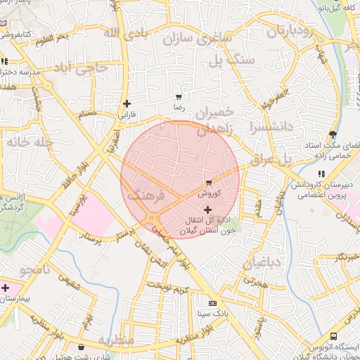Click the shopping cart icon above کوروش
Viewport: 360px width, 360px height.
click(x=209, y=183)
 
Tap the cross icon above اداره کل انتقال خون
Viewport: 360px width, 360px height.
click(x=207, y=210)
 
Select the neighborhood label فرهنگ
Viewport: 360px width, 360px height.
click(x=146, y=194)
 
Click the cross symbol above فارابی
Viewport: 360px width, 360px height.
click(x=127, y=103)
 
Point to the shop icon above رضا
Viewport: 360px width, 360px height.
click(x=179, y=98)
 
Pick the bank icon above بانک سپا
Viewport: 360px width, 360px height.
click(x=212, y=302)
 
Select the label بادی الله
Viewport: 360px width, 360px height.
click(x=125, y=34)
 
